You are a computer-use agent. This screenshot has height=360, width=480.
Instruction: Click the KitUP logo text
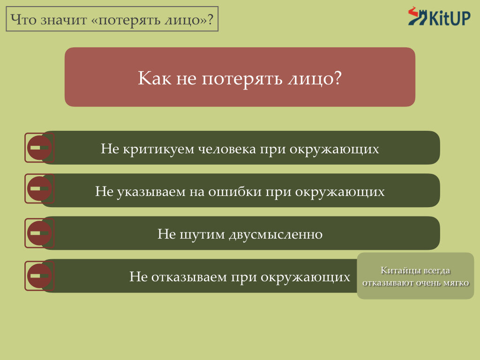point(450,18)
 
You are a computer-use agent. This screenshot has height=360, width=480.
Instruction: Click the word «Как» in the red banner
point(154,78)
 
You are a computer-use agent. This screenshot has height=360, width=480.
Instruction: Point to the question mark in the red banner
point(337,78)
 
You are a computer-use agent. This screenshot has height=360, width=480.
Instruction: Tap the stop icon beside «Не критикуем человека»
point(39,148)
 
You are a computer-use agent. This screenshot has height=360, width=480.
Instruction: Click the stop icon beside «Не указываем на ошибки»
point(39,188)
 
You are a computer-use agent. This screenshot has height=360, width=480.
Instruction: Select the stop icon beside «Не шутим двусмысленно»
point(39,233)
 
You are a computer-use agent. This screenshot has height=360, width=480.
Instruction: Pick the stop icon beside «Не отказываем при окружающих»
point(39,276)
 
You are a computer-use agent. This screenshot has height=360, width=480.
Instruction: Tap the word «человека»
point(227,149)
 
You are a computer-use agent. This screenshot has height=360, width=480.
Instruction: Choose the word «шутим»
point(202,235)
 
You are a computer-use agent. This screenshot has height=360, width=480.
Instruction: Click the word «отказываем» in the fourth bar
point(189,277)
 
